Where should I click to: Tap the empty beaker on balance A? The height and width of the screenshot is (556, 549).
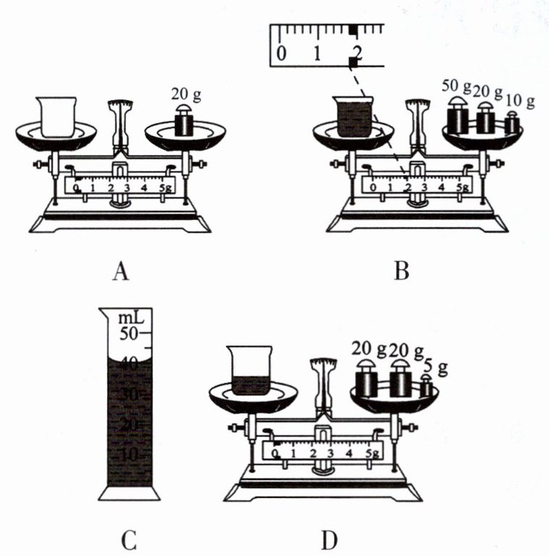coord(55,115)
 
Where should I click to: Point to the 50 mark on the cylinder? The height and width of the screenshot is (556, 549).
coord(128,334)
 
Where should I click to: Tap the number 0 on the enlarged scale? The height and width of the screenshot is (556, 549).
coord(281,54)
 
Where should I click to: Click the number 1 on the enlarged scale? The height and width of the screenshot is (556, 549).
coord(317,54)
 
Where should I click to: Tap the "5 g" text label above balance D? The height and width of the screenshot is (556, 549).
coord(437,368)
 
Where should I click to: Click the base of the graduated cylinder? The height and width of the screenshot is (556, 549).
coord(129,493)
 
